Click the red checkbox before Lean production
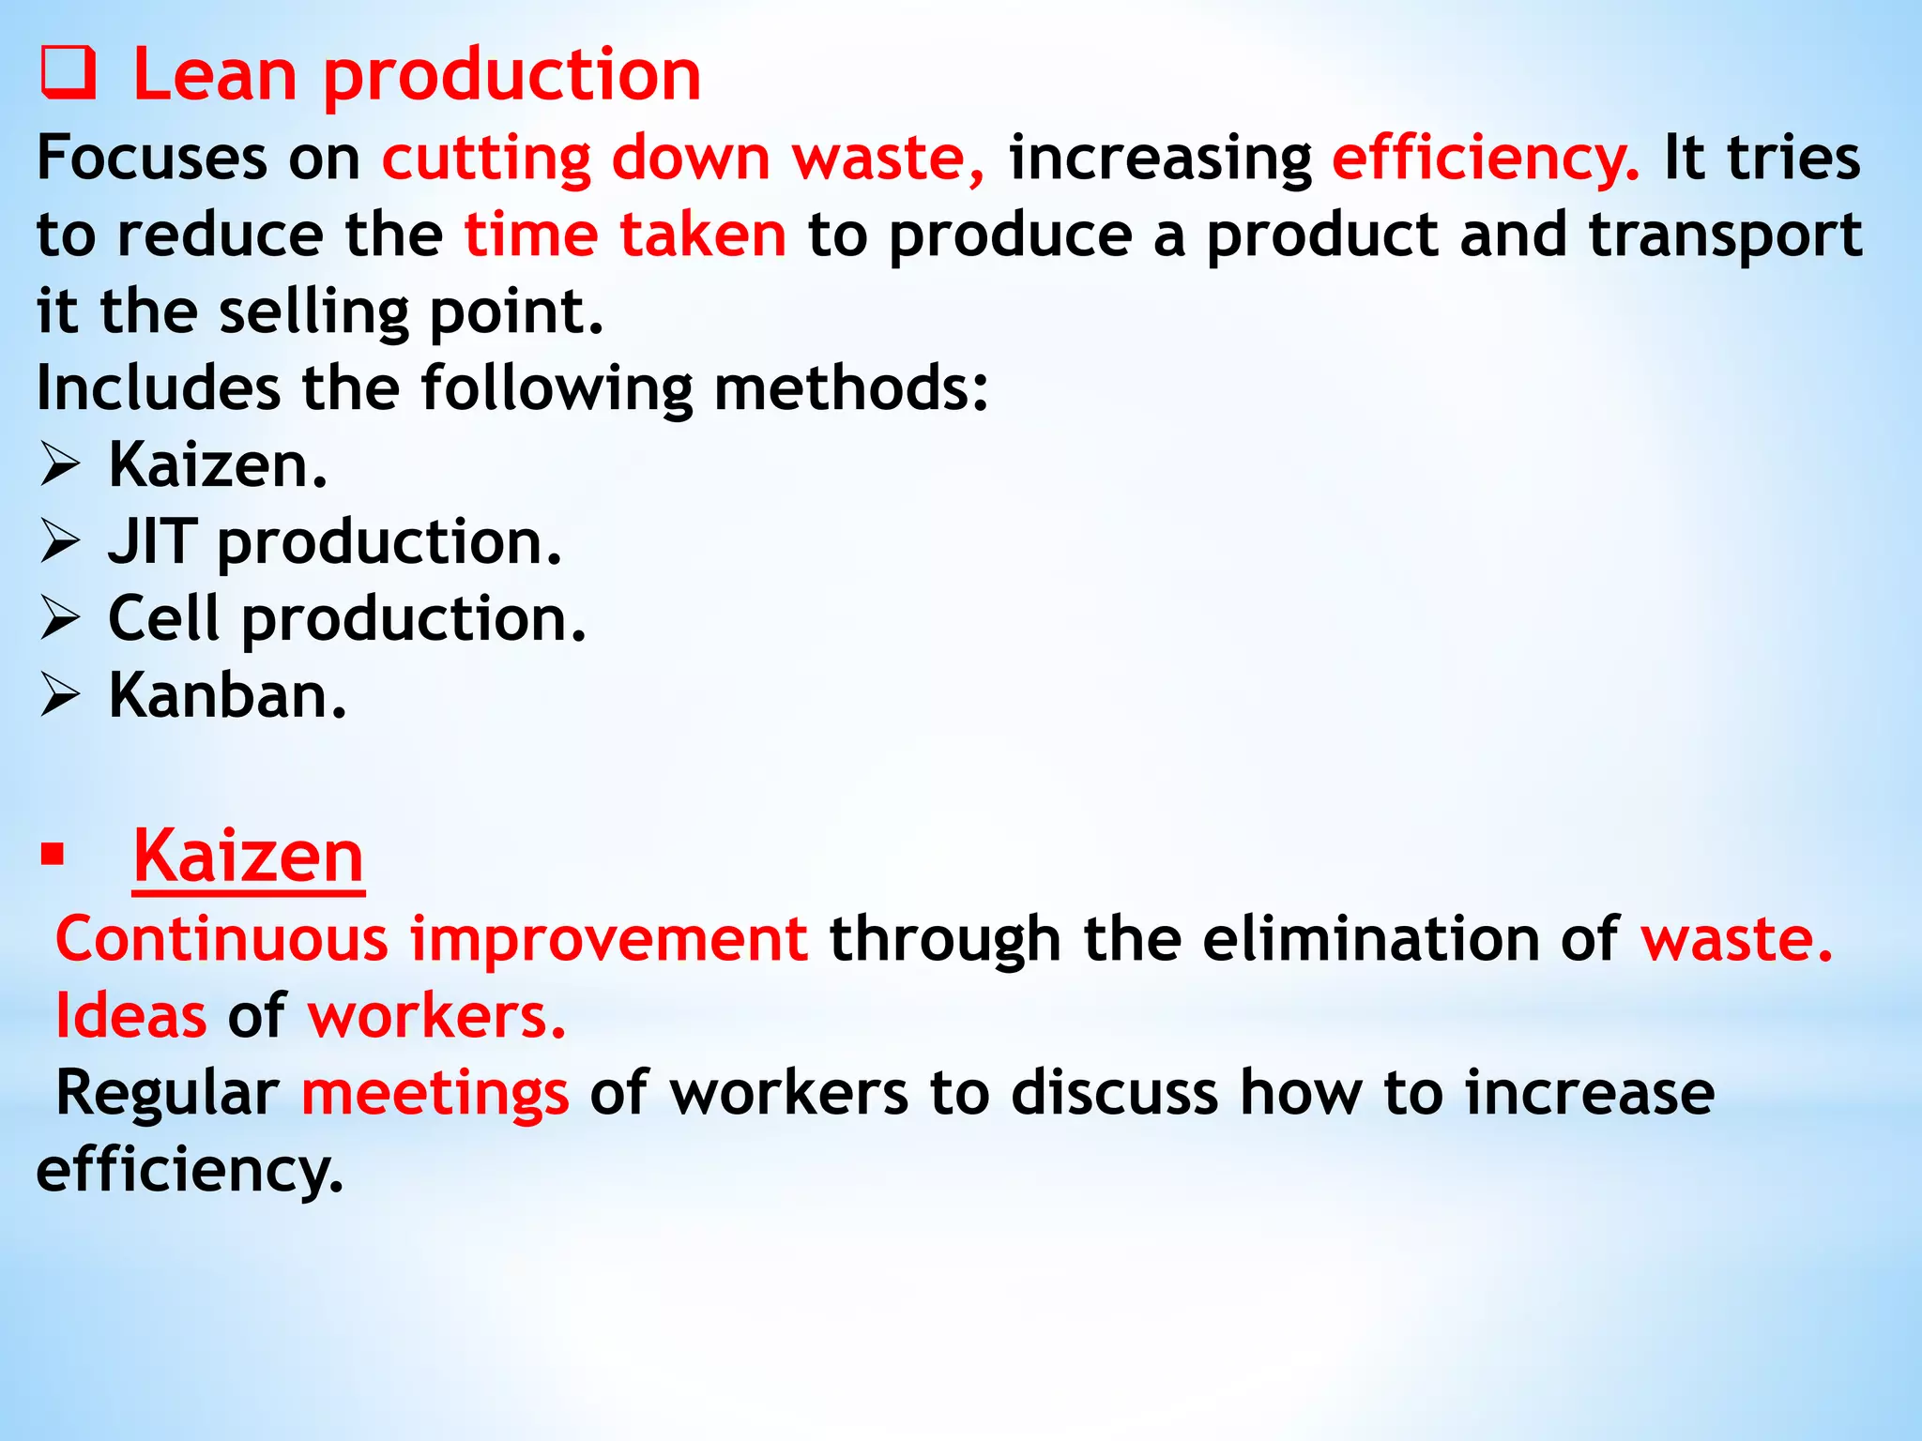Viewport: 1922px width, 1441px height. pyautogui.click(x=68, y=75)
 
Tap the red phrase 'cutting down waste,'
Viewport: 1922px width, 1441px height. pyautogui.click(x=683, y=158)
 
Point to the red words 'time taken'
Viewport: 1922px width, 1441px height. pyautogui.click(x=625, y=235)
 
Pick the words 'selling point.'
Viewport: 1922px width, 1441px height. pyautogui.click(x=411, y=312)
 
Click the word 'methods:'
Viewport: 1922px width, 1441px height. pyautogui.click(x=850, y=388)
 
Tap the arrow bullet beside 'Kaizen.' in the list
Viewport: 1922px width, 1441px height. pyautogui.click(x=60, y=465)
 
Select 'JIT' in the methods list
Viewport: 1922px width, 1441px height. pyautogui.click(x=152, y=542)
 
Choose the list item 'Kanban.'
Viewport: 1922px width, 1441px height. pyautogui.click(x=227, y=696)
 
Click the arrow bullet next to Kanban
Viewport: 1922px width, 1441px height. pyautogui.click(x=60, y=696)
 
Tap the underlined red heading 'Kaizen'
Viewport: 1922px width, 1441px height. pyautogui.click(x=248, y=856)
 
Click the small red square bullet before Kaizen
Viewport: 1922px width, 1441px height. pyautogui.click(x=53, y=855)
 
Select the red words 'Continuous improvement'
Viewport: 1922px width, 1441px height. pyautogui.click(x=431, y=939)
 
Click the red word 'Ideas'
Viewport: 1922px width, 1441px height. pyautogui.click(x=130, y=1016)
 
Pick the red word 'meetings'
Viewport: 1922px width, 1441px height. pyautogui.click(x=435, y=1094)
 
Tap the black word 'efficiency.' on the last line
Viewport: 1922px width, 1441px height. pyautogui.click(x=190, y=1171)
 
